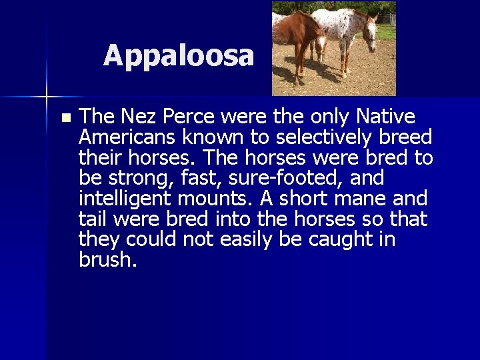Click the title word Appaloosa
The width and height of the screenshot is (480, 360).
tap(179, 56)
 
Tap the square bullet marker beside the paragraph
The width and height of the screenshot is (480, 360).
tap(65, 118)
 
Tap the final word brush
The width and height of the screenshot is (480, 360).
tap(107, 260)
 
